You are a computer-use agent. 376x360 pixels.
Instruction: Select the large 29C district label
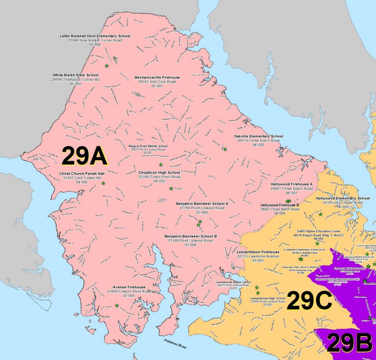coord(309,302)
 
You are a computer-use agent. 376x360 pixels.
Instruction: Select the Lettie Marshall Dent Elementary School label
coord(95,36)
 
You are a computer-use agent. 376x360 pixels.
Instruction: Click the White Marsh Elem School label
coord(76,75)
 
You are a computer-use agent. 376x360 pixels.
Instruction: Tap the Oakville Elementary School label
coord(258,136)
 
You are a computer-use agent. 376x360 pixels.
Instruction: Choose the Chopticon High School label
coord(159,172)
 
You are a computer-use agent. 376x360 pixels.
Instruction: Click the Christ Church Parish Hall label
coord(82,174)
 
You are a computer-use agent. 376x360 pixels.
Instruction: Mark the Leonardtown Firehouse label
coord(258,252)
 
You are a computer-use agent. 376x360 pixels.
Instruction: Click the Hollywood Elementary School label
coord(343,198)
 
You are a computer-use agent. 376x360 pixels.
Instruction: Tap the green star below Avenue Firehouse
coord(117,305)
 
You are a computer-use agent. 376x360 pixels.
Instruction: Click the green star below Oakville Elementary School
coord(225,149)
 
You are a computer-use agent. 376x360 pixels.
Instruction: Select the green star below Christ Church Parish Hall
coord(103,184)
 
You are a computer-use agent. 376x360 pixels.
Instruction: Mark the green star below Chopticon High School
coord(171,189)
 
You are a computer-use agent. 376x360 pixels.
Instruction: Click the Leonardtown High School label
coord(267,299)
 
